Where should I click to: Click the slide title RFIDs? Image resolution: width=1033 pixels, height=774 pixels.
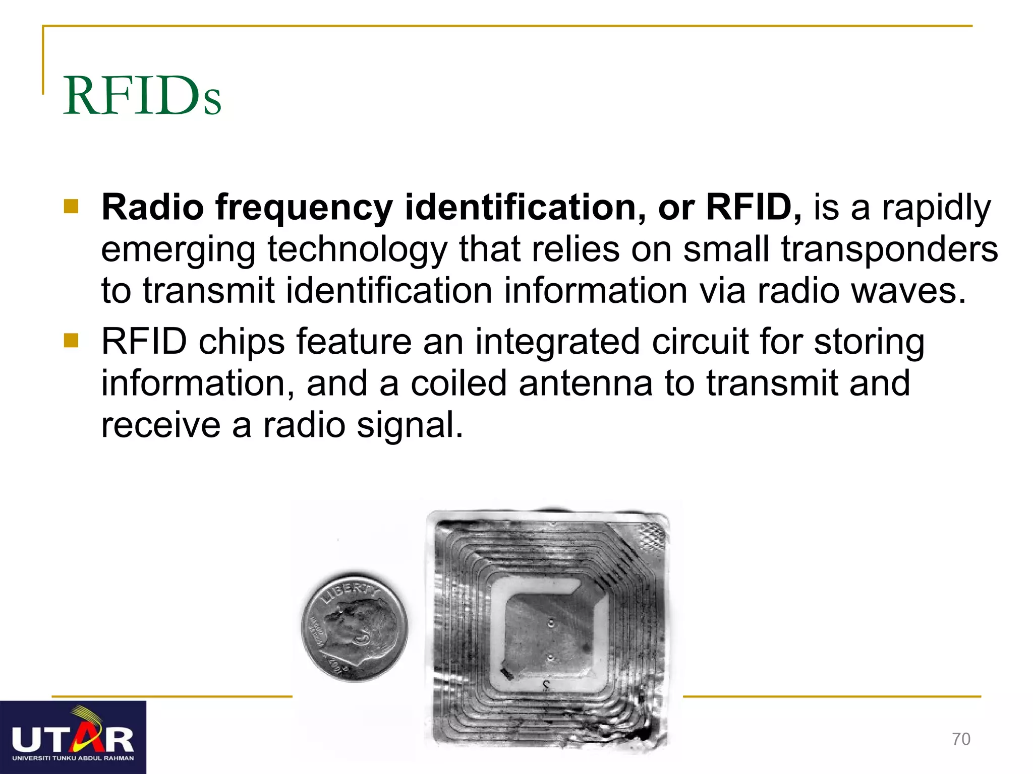(142, 96)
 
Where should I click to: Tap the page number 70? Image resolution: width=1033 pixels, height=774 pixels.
(961, 739)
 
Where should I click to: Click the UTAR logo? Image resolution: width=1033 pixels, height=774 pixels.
(73, 737)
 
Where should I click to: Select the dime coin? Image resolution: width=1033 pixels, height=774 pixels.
(354, 626)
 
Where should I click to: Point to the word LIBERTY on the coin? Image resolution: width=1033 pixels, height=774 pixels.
(348, 591)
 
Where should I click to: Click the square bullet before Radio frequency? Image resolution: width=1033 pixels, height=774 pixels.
(71, 207)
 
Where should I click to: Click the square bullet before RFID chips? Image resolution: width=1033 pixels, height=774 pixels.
(71, 341)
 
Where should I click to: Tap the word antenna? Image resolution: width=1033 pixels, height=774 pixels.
(585, 383)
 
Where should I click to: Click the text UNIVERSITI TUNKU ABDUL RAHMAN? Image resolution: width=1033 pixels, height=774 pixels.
(73, 758)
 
